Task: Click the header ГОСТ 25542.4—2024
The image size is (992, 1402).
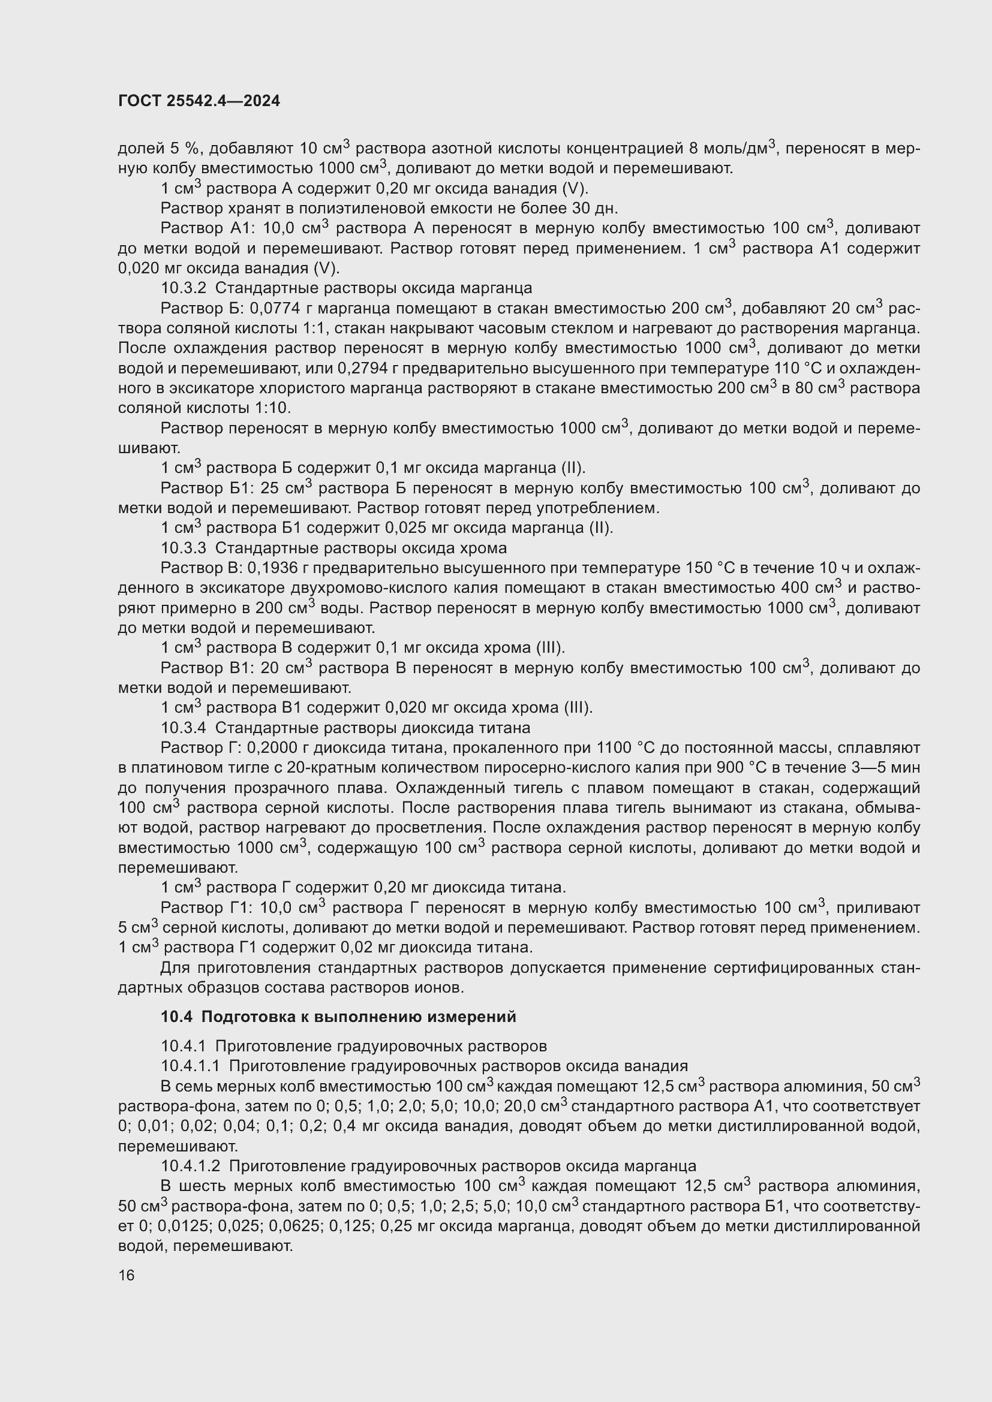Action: point(199,101)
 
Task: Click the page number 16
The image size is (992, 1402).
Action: point(127,1276)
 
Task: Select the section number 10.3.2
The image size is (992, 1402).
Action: point(184,288)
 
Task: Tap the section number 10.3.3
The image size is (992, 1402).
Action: point(184,548)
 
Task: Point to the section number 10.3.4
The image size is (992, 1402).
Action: point(184,728)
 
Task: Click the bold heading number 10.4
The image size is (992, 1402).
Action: point(176,1017)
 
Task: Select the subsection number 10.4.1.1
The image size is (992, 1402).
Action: point(190,1066)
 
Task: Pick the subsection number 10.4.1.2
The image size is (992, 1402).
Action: point(190,1166)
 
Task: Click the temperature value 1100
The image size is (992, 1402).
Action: point(613,748)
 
